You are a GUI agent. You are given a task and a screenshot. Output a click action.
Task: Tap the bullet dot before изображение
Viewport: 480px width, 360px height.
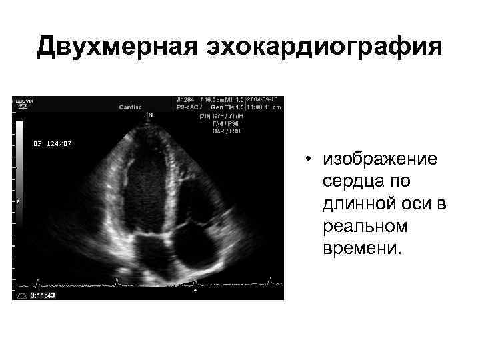(x=309, y=160)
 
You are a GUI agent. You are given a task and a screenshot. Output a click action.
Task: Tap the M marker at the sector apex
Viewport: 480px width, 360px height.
(x=151, y=115)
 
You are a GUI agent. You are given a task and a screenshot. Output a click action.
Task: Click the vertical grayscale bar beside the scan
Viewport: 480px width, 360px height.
(x=20, y=160)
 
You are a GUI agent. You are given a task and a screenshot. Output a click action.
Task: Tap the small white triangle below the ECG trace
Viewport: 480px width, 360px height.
(x=195, y=290)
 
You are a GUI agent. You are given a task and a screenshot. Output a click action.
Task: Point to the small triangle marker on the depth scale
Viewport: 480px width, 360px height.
(x=18, y=201)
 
